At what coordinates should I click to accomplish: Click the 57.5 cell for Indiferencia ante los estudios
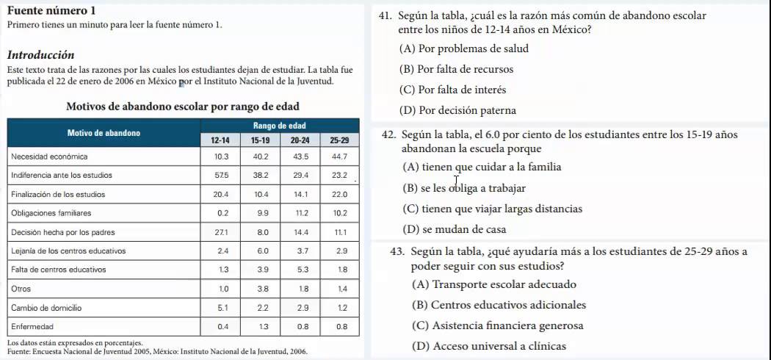(220, 176)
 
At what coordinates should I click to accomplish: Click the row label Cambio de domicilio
(46, 307)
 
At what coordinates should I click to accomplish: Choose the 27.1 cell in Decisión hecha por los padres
(220, 232)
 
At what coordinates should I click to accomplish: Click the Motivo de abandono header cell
(104, 133)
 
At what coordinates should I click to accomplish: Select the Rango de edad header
(280, 126)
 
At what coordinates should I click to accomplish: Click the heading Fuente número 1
(51, 11)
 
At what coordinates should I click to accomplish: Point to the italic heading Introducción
(40, 55)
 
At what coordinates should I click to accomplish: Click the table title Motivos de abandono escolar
(183, 107)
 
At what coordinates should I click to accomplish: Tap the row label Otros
(21, 289)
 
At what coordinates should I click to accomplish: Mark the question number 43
(398, 252)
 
